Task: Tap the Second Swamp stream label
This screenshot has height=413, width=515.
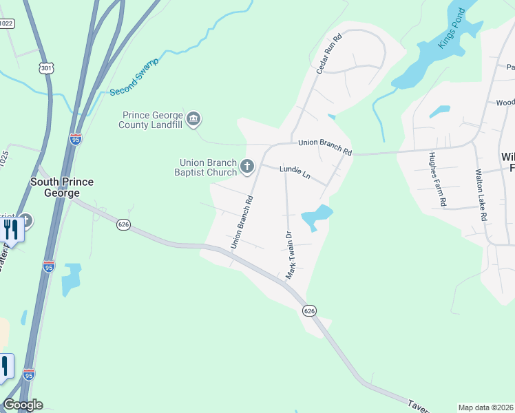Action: tap(134, 76)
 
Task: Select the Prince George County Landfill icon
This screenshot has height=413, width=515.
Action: tap(194, 120)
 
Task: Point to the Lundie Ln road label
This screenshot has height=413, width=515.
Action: tap(295, 171)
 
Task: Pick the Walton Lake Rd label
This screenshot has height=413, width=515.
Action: tap(480, 196)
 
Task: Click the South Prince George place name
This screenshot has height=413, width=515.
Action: tap(62, 187)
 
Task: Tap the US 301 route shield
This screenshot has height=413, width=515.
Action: tap(47, 68)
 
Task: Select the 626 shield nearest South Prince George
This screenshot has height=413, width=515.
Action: tap(123, 225)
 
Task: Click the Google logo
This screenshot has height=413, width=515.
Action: tap(23, 405)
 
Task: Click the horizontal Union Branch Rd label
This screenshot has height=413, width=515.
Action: tap(324, 147)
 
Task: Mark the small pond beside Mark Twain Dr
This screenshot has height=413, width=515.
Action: tap(317, 216)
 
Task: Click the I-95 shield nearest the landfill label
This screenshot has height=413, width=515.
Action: tap(76, 139)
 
